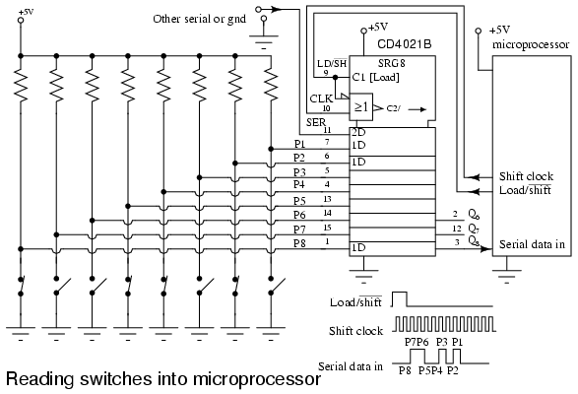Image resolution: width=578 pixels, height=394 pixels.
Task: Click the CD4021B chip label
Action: [x=405, y=44]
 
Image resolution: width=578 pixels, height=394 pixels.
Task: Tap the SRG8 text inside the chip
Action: [x=392, y=63]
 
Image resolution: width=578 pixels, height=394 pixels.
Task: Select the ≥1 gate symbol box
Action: [x=361, y=106]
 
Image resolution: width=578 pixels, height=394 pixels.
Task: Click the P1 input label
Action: [x=299, y=144]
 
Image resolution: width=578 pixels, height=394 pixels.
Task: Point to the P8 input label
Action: [x=299, y=243]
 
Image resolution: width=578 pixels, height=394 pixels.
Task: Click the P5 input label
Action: [x=299, y=201]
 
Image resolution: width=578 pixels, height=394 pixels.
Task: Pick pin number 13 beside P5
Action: [x=327, y=199]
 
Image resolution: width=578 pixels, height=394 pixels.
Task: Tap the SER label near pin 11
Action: [x=316, y=122]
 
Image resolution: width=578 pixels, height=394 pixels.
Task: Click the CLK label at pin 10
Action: [x=321, y=98]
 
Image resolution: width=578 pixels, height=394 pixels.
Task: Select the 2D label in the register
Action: [x=358, y=132]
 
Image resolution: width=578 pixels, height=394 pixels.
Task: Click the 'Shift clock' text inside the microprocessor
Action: [x=526, y=176]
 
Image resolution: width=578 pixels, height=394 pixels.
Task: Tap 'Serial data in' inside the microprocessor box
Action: [x=532, y=244]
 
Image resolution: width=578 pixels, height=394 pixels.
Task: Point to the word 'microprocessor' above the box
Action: [x=531, y=45]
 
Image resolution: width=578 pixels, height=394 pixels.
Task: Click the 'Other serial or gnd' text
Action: [x=200, y=19]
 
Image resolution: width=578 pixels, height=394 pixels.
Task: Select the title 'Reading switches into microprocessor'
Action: [x=163, y=379]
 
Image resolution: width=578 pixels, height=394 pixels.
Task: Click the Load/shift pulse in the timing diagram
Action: [x=400, y=299]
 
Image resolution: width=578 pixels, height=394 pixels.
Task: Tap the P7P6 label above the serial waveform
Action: [x=417, y=342]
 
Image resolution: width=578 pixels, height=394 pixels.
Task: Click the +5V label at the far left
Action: [x=26, y=12]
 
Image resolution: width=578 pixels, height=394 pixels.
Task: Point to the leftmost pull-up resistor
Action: [x=21, y=87]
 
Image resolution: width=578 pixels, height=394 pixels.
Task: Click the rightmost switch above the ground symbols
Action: [x=277, y=286]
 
